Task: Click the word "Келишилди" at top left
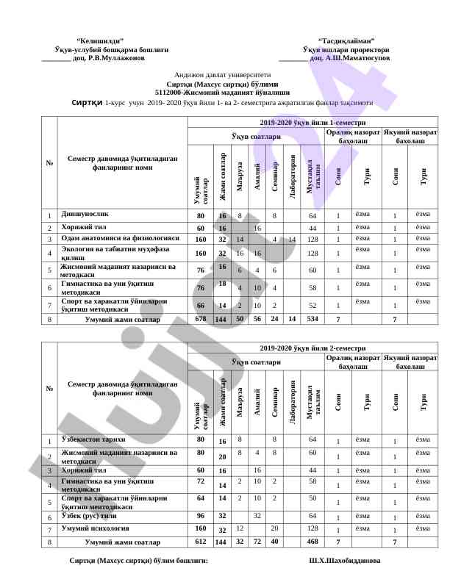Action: (x=100, y=40)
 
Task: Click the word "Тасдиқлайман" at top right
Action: (x=346, y=40)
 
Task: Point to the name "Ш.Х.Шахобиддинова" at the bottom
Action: (x=345, y=560)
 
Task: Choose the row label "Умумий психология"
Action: (x=96, y=528)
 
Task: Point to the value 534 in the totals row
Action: (x=312, y=320)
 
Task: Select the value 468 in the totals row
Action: (x=312, y=542)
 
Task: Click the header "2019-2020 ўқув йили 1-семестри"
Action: (x=312, y=123)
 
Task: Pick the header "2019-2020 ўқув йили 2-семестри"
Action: (x=312, y=347)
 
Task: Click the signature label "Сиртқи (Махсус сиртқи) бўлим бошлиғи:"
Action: (x=138, y=560)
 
